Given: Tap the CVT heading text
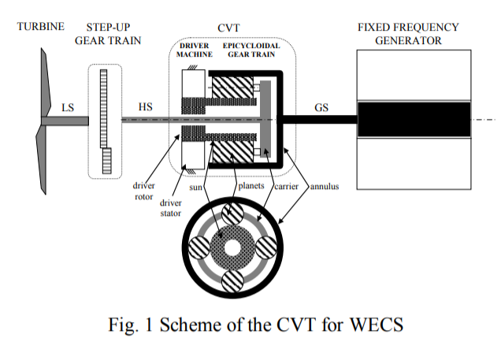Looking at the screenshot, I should click(234, 28).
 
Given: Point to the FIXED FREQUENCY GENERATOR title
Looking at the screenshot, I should click(408, 33).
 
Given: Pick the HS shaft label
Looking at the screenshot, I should click(146, 107).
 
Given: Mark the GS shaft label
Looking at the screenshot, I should click(321, 107).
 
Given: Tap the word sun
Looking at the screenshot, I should click(197, 189).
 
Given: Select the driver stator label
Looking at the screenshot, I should click(172, 208).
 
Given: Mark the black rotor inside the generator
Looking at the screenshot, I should click(414, 119).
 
